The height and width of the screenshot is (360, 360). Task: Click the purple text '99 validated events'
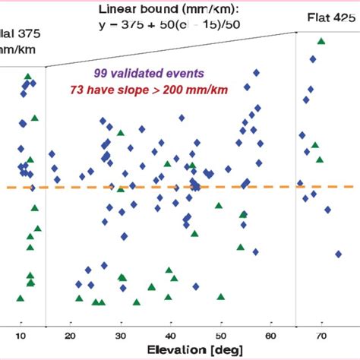click(149, 74)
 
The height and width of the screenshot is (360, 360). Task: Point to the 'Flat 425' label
click(333, 17)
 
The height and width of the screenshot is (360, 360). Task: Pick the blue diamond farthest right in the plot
click(337, 254)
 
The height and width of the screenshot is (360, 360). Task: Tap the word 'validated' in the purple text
click(142, 74)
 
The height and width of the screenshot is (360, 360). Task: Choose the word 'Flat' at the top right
click(321, 17)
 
